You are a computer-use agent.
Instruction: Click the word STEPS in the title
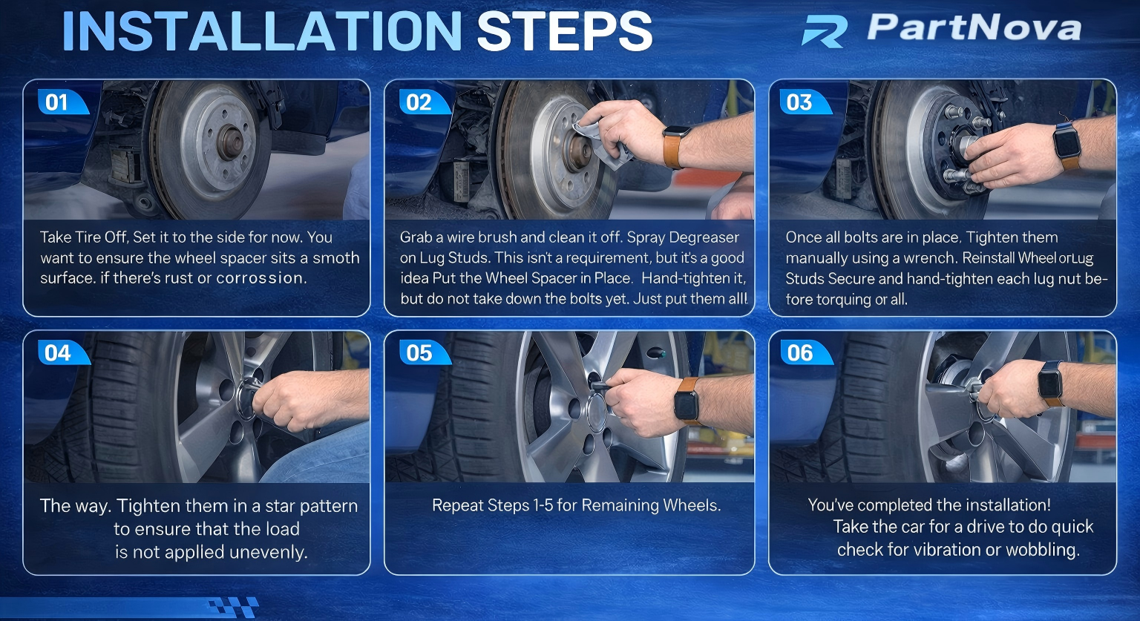[564, 31]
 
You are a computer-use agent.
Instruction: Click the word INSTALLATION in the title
[262, 31]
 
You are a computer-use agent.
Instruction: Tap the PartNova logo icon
[825, 31]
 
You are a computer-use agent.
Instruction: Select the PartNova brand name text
[974, 27]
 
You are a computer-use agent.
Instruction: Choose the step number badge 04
[63, 352]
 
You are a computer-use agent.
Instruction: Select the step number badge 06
[805, 352]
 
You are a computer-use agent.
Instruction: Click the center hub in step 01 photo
[230, 143]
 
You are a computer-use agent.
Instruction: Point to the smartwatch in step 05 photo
[687, 401]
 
